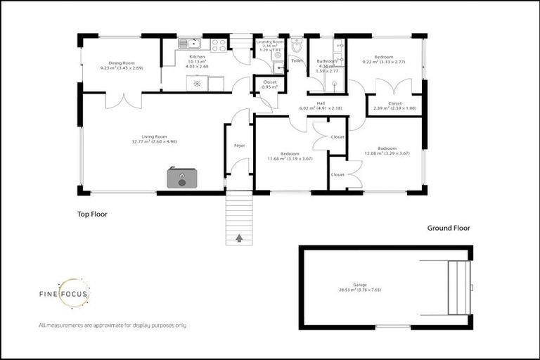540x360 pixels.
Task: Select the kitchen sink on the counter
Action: click(x=188, y=44)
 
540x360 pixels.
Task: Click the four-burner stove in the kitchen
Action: click(x=219, y=44)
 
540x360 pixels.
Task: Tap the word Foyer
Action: click(x=239, y=146)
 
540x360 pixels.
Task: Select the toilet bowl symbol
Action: click(x=297, y=46)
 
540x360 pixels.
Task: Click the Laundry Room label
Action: click(x=270, y=42)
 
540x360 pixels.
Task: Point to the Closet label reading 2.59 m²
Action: click(x=394, y=105)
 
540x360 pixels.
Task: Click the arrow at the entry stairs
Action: click(x=239, y=238)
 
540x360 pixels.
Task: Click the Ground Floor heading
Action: click(x=448, y=228)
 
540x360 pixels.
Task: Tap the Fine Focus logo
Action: click(x=63, y=296)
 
